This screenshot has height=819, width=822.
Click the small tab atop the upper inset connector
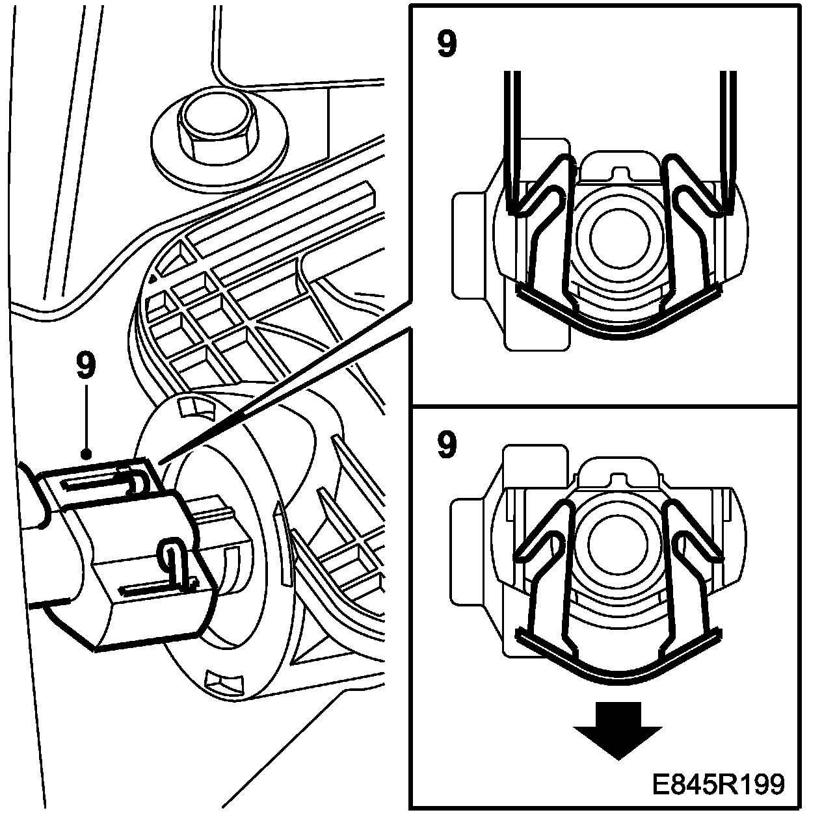click(621, 172)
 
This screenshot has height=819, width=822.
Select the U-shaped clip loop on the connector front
click(169, 552)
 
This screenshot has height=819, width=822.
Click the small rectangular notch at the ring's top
click(195, 406)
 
